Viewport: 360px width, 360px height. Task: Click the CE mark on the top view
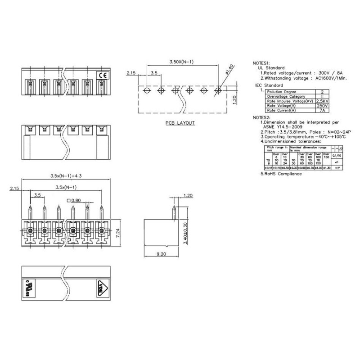coord(102,76)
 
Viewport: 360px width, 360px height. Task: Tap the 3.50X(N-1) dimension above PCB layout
coord(181,61)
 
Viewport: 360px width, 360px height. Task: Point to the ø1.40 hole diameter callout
coord(229,70)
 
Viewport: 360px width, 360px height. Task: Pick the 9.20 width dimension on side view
coord(161,254)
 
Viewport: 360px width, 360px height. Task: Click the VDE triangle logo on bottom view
coord(101,287)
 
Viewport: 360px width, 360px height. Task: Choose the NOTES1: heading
coord(262,63)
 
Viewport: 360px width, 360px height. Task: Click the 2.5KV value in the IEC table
coord(321,101)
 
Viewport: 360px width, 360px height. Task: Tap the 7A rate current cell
coord(321,110)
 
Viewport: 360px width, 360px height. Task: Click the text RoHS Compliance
coord(283,174)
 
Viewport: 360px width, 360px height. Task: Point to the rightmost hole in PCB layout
coord(218,90)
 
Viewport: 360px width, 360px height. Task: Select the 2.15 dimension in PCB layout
coord(131,72)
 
